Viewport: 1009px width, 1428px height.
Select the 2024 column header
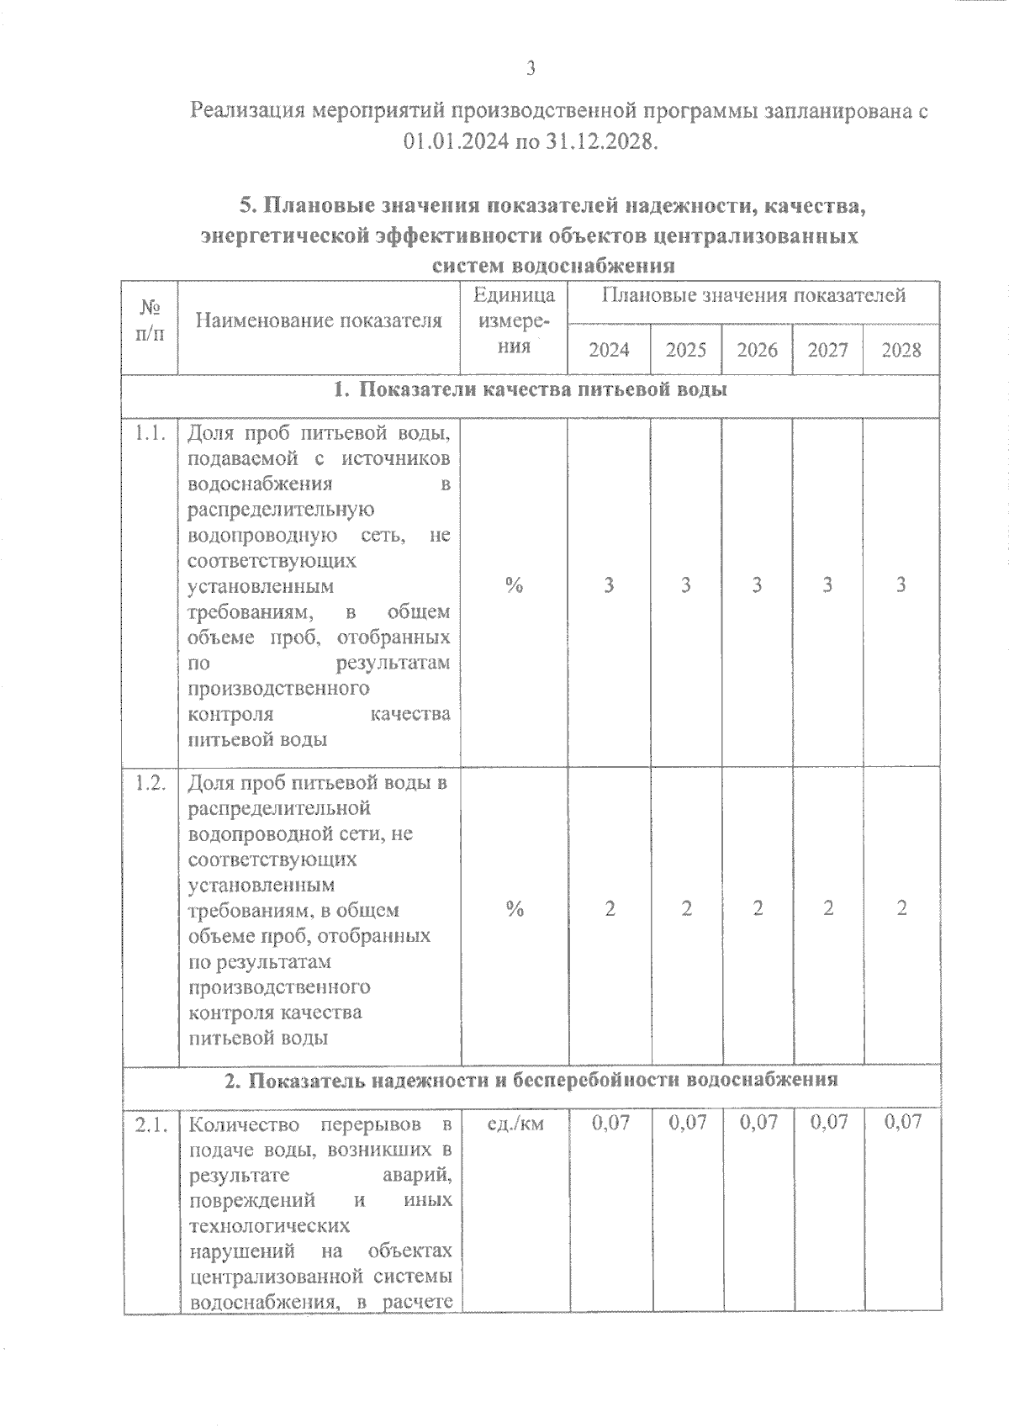[x=609, y=350]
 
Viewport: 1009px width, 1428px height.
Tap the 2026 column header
[x=757, y=350]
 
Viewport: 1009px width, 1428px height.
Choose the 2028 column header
[x=901, y=350]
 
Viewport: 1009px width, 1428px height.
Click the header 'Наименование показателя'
[x=319, y=320]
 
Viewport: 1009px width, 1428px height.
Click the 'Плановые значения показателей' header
[x=753, y=295]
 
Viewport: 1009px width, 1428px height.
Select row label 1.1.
[x=150, y=434]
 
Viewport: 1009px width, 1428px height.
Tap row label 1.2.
[x=150, y=783]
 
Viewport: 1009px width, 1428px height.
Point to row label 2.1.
[x=150, y=1124]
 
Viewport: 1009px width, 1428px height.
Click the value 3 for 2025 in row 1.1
[x=686, y=585]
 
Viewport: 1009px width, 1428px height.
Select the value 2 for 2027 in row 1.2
[x=828, y=908]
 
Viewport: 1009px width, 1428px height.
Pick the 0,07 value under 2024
[x=610, y=1122]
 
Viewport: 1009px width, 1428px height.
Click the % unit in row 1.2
[x=515, y=908]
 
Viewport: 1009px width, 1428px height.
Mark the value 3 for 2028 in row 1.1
[x=901, y=585]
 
